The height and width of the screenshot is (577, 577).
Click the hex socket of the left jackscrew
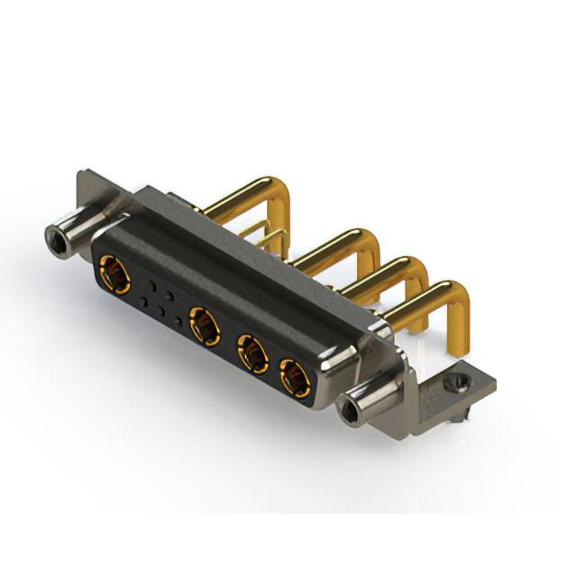(57, 238)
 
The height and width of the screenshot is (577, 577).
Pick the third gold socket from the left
(252, 354)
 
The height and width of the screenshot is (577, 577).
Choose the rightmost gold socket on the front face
(293, 379)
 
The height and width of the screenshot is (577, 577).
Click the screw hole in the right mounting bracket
(460, 382)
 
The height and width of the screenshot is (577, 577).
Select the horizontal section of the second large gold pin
(325, 249)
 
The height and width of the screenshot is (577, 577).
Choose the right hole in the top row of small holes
(169, 296)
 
